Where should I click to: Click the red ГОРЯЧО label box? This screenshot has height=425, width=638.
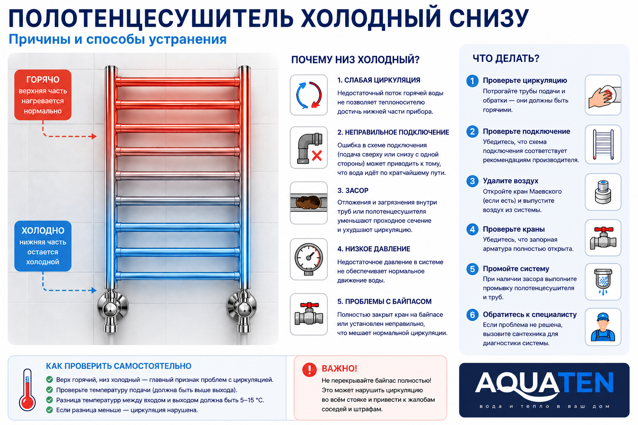[x=43, y=95]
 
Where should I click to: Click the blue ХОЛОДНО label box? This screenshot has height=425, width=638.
[x=43, y=246]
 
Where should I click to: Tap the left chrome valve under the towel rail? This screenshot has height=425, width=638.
[x=112, y=311]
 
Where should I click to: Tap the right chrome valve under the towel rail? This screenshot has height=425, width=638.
[x=242, y=311]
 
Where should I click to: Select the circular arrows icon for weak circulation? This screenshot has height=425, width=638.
[x=309, y=95]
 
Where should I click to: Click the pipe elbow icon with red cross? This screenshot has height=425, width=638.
[x=309, y=148]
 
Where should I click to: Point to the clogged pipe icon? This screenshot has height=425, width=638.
[x=309, y=203]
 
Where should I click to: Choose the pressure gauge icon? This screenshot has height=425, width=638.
[x=309, y=259]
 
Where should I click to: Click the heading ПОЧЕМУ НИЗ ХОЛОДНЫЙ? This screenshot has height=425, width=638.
[x=355, y=60]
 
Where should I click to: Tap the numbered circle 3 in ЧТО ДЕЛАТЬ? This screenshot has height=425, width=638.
[x=472, y=181]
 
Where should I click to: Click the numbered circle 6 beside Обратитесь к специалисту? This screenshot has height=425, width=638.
[x=472, y=315]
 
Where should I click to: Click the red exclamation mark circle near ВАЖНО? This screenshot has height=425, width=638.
[x=309, y=369]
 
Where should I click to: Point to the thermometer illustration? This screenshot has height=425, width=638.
[x=27, y=390]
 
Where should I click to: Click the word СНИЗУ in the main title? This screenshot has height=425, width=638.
[x=489, y=18]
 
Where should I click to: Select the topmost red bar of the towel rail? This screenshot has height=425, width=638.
[x=178, y=82]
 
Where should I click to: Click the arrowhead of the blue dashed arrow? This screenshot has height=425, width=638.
[x=94, y=291]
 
